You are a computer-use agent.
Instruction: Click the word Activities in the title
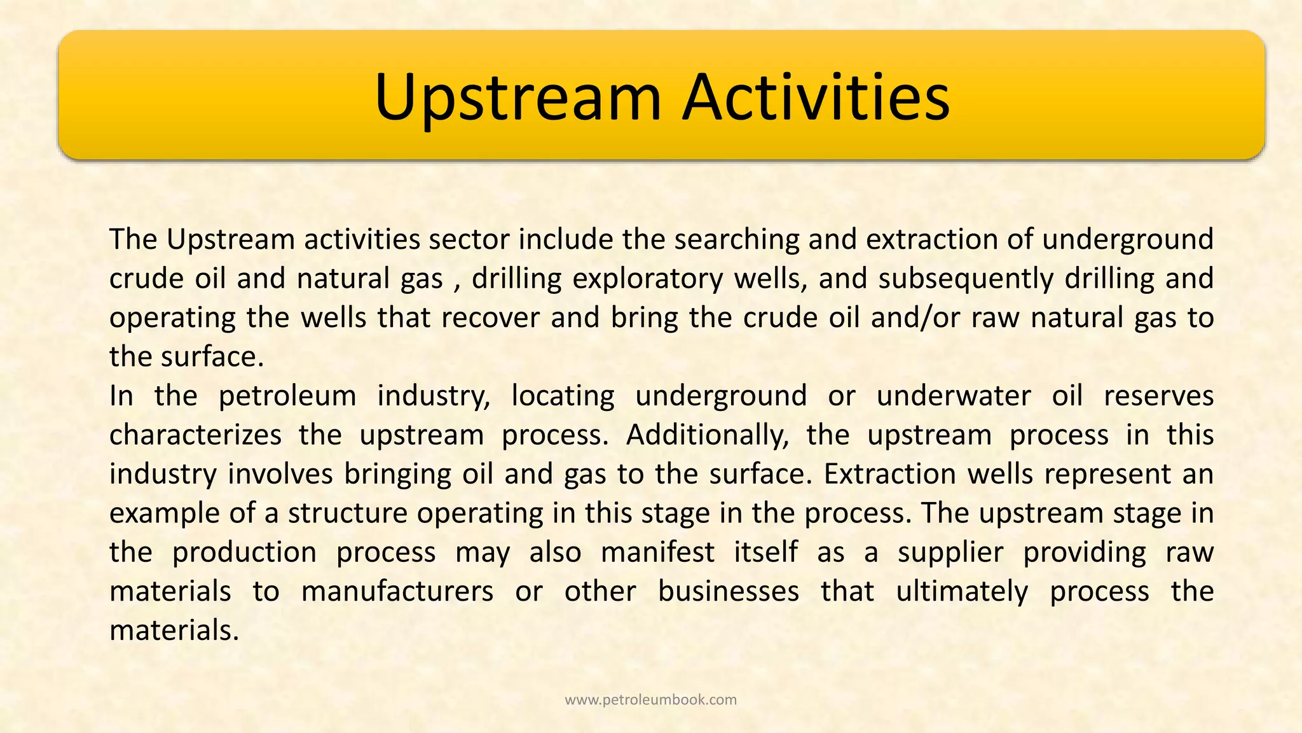click(x=816, y=97)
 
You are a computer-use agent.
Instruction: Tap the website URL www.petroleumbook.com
click(x=650, y=700)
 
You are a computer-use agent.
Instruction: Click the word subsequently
click(x=966, y=279)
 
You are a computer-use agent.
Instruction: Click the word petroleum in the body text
click(x=287, y=396)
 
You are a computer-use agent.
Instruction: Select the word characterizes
click(x=195, y=435)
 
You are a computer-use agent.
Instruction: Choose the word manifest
click(x=657, y=552)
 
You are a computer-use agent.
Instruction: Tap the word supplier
click(x=950, y=552)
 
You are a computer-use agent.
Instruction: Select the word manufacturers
click(x=397, y=592)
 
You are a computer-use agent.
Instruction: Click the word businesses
click(x=729, y=592)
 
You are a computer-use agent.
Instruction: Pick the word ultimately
click(x=962, y=592)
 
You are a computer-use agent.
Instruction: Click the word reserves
click(x=1158, y=396)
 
